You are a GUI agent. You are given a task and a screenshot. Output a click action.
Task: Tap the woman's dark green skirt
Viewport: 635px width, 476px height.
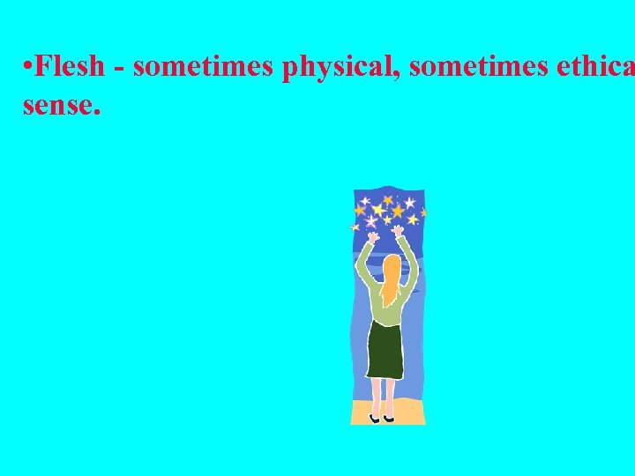tap(385, 348)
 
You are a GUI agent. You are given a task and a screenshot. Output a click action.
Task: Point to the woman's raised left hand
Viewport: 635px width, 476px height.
tap(373, 237)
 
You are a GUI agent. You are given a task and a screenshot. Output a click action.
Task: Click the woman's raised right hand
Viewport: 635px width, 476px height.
tap(399, 232)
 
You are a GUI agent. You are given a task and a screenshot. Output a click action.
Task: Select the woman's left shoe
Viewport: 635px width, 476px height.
tap(375, 417)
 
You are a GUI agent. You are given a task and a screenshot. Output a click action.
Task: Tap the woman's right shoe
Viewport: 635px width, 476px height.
tap(389, 417)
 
